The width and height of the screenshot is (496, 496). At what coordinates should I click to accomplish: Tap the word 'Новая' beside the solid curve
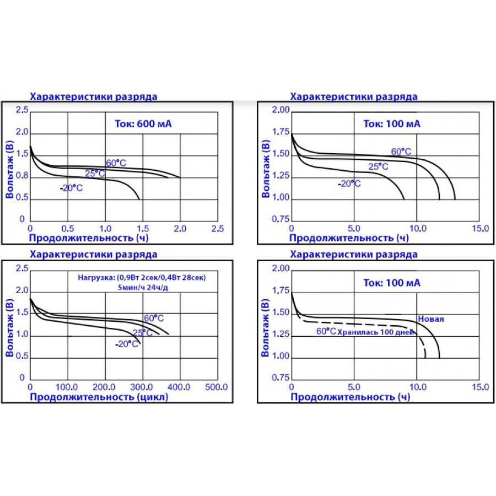click(431, 319)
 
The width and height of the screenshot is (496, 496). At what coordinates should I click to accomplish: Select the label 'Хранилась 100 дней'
click(375, 332)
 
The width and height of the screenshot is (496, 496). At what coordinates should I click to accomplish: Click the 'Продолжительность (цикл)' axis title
click(99, 397)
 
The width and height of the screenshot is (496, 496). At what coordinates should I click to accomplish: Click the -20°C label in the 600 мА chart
click(71, 188)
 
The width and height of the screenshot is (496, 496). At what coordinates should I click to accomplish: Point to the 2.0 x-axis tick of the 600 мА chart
click(180, 228)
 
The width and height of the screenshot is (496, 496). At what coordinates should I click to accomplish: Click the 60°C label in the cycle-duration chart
click(154, 318)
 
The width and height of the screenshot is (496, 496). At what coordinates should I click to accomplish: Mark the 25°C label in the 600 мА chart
click(95, 174)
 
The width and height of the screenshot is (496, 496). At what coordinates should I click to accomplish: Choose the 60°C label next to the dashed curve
click(326, 331)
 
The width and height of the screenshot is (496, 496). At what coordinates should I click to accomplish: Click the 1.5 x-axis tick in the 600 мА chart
click(143, 228)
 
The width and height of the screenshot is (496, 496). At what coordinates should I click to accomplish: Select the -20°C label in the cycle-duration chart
click(126, 344)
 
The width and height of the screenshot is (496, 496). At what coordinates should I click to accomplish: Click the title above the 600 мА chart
click(93, 96)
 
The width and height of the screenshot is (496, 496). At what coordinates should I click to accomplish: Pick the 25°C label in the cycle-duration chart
click(143, 333)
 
